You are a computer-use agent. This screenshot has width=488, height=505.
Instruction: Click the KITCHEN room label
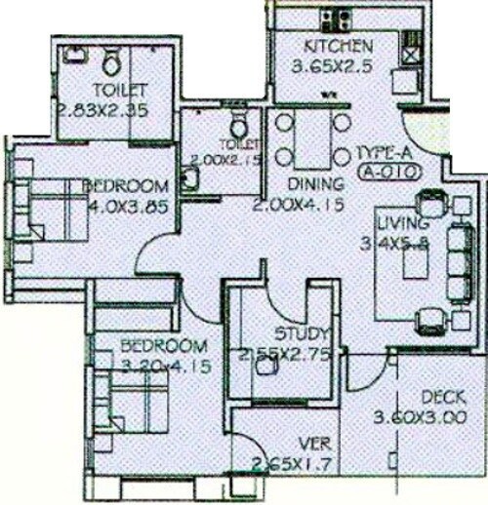click(x=337, y=46)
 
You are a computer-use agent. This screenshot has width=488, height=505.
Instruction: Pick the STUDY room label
click(x=296, y=332)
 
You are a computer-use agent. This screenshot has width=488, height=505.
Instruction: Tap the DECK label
click(x=444, y=398)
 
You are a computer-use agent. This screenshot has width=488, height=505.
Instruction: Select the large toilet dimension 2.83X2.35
click(x=102, y=109)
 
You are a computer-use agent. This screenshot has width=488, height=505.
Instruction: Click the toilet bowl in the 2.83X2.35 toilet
click(x=112, y=64)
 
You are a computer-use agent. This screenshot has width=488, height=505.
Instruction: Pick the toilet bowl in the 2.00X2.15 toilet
click(x=238, y=127)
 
